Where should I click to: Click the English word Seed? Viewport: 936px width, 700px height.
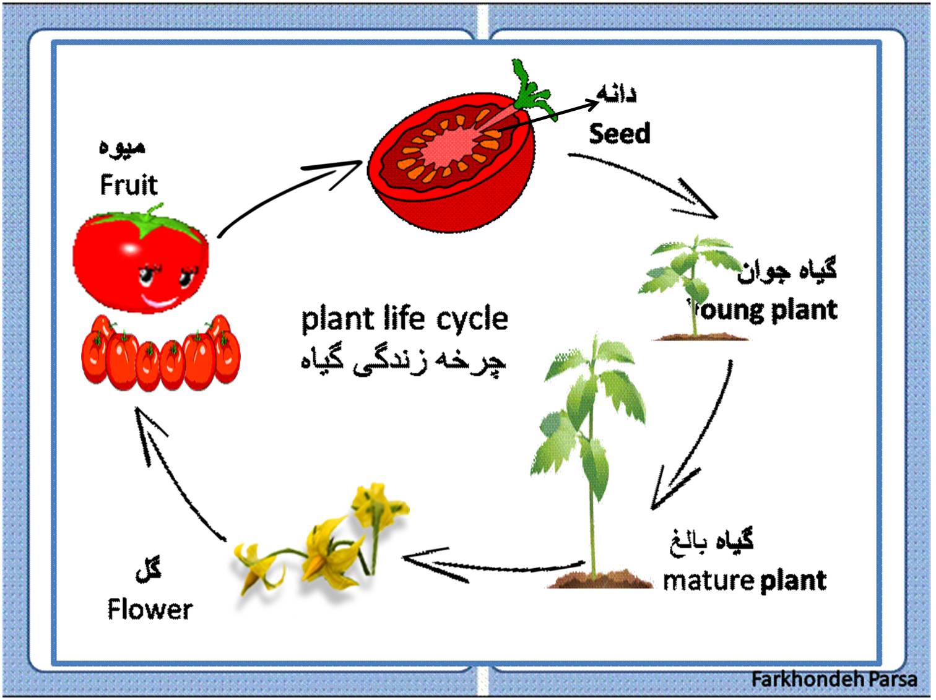619,134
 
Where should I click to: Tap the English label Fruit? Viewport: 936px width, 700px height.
129,184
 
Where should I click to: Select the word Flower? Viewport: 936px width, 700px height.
150,609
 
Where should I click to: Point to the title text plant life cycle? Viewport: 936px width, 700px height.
404,319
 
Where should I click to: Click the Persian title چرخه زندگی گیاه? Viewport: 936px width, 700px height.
404,361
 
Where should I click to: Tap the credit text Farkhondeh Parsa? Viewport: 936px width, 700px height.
834,679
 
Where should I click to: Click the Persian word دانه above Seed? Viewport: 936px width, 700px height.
617,95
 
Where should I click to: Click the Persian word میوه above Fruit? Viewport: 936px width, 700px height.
122,147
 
